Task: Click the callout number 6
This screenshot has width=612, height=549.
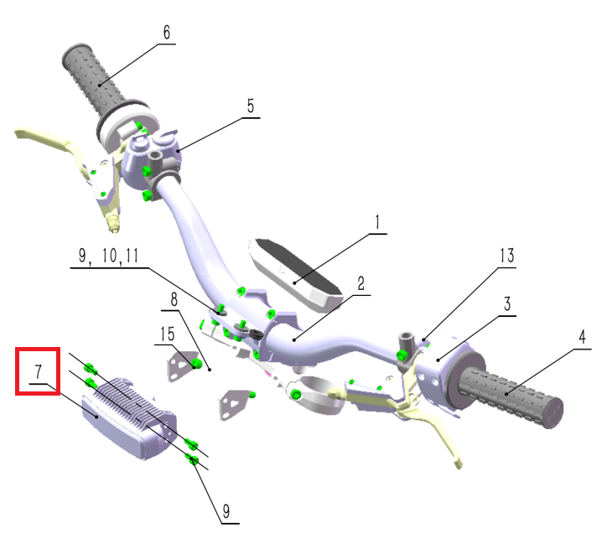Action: (167, 33)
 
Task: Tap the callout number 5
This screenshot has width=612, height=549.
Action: (250, 106)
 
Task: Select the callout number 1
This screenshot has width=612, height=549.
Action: (377, 222)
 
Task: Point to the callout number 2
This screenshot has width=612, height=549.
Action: (361, 283)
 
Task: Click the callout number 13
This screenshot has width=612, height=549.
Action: (507, 256)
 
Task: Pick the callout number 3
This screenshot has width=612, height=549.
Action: (507, 304)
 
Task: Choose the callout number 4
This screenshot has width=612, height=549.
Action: (582, 337)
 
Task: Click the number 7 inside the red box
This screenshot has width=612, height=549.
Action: (39, 371)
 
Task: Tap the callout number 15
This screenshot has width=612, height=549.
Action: (168, 334)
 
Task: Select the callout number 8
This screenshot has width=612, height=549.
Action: (174, 300)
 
